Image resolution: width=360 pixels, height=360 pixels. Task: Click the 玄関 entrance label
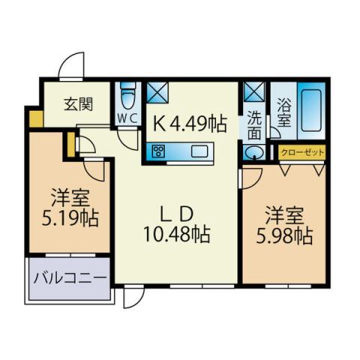point(73,103)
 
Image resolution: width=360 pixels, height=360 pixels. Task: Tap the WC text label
point(125,118)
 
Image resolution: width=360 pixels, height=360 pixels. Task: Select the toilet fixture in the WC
point(127,95)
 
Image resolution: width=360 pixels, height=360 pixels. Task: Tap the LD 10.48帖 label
point(176,223)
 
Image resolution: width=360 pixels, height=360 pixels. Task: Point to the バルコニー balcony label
point(69,279)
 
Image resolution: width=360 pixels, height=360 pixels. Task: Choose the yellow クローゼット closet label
point(302,152)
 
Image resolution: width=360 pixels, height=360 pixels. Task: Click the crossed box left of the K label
point(157,92)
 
